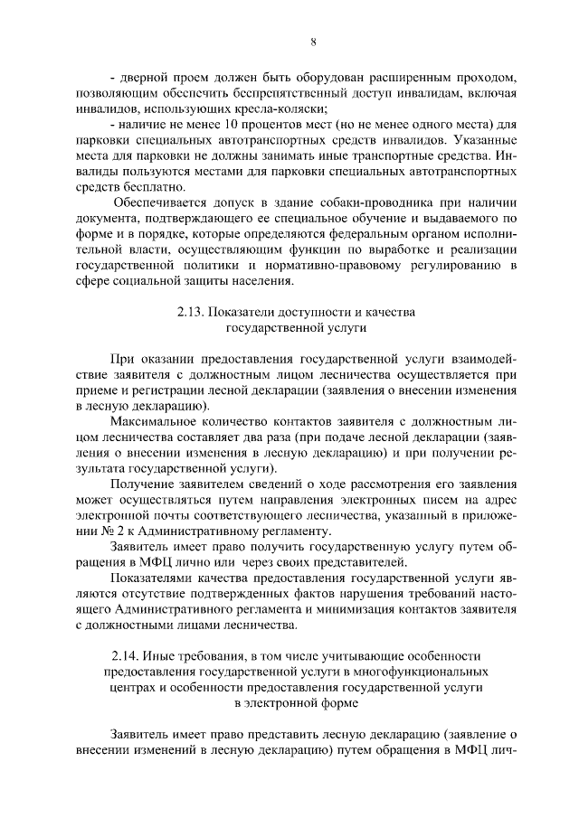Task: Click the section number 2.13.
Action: click(192, 313)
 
